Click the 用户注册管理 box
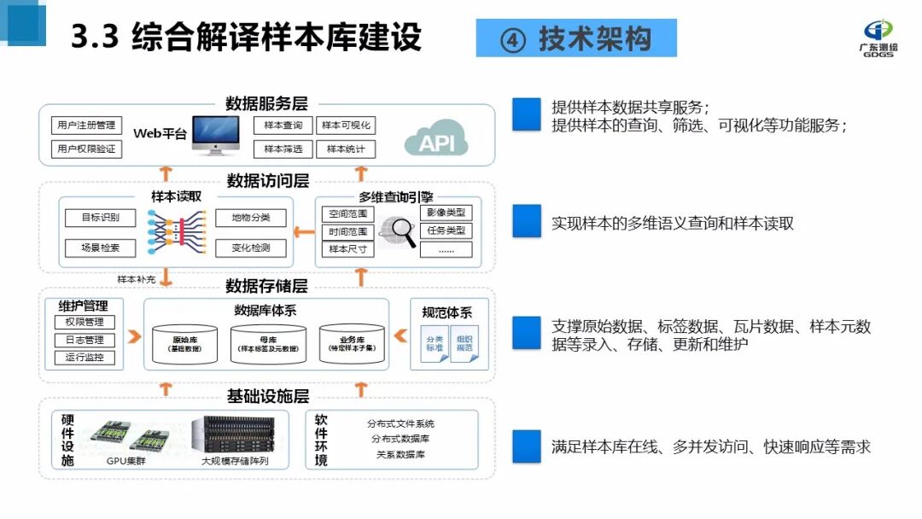[86, 125]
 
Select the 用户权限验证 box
[86, 149]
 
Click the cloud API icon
[436, 138]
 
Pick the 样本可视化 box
[345, 125]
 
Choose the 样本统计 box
[345, 149]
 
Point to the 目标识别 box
[101, 218]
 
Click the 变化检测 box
[250, 248]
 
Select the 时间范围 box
[347, 231]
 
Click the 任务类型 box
[446, 230]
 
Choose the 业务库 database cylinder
[352, 343]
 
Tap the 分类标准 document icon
[435, 344]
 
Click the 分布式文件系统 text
[400, 423]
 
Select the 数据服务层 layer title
[266, 104]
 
